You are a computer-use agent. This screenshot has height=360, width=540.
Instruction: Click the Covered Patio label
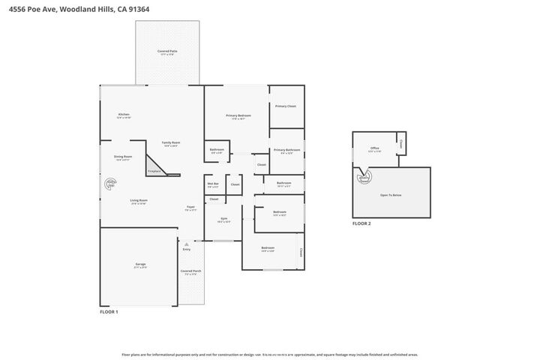point(166,52)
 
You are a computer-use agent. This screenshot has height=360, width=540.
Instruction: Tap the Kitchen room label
point(124,115)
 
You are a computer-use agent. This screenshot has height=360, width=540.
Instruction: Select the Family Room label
point(171,142)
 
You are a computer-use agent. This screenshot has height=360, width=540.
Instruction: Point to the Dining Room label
point(123,157)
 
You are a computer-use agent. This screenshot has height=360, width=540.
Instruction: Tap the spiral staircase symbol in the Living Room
point(110,182)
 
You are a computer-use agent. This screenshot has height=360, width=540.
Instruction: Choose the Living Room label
point(139,200)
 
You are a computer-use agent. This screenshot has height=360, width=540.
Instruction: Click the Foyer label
point(190,208)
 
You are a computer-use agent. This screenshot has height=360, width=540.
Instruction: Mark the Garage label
point(140,265)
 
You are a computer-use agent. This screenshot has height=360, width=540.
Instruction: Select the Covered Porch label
point(190,271)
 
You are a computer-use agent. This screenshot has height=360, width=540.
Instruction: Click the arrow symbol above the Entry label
point(186,244)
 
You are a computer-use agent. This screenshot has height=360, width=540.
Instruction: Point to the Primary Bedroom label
point(238,115)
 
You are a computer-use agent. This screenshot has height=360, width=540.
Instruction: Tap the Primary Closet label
point(286,106)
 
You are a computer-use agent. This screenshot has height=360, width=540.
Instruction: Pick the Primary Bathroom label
point(286,150)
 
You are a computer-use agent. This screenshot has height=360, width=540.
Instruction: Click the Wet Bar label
point(213,184)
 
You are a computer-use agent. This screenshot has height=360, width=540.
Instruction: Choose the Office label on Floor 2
point(375,148)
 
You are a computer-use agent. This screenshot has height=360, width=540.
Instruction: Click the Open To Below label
point(391,194)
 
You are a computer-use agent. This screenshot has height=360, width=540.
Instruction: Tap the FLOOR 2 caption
point(361,223)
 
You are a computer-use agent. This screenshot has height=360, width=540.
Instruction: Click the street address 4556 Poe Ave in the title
point(30,9)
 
